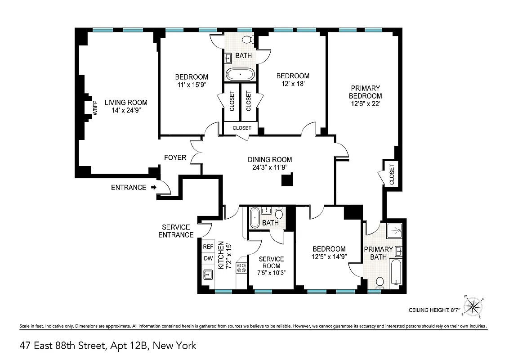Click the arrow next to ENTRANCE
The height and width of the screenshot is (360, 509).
(154, 188)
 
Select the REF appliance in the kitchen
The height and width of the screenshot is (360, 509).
(208, 247)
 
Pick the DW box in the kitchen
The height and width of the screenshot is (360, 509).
(208, 258)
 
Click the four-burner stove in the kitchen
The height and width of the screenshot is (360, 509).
(241, 268)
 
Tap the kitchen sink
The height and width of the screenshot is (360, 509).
(208, 274)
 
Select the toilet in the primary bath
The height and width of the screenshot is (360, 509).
(380, 282)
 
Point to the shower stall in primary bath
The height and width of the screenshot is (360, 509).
(395, 231)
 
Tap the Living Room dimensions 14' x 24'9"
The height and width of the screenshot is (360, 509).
(126, 110)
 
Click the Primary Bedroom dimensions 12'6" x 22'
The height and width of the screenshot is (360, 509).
(366, 103)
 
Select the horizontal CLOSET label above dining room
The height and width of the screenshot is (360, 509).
(241, 128)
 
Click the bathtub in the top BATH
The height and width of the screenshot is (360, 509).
(240, 74)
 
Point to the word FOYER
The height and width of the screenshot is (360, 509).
(175, 157)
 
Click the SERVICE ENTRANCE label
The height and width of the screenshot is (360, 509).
(176, 231)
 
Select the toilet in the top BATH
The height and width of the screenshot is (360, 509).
(247, 40)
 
